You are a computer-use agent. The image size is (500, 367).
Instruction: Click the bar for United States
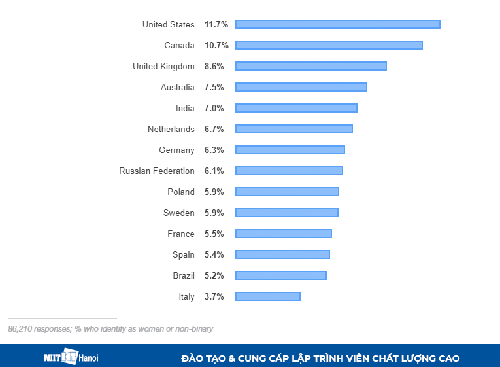[337, 24]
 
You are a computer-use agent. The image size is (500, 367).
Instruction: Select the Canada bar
[329, 45]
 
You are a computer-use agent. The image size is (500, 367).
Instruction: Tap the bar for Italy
[267, 296]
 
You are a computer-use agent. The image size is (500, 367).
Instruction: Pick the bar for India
[296, 108]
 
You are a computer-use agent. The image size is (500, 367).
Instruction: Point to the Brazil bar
[280, 275]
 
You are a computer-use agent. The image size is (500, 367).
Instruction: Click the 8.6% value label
[214, 66]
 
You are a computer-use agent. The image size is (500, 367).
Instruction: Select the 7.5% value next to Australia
[214, 87]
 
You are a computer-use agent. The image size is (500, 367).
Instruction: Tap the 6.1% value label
[214, 171]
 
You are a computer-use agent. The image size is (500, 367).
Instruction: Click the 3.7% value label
[214, 296]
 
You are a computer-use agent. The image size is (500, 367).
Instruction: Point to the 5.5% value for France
[214, 234]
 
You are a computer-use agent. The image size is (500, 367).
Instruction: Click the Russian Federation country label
[157, 171]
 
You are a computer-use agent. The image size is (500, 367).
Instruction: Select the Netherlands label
[171, 129]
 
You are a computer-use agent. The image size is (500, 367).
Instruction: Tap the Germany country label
[176, 150]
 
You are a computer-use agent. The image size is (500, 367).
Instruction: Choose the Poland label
[181, 192]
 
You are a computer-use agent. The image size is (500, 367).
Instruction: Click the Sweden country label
[179, 213]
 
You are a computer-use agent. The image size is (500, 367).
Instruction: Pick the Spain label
[184, 254]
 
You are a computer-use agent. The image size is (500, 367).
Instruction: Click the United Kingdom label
[163, 66]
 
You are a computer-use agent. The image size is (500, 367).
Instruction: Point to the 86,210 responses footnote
[110, 329]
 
